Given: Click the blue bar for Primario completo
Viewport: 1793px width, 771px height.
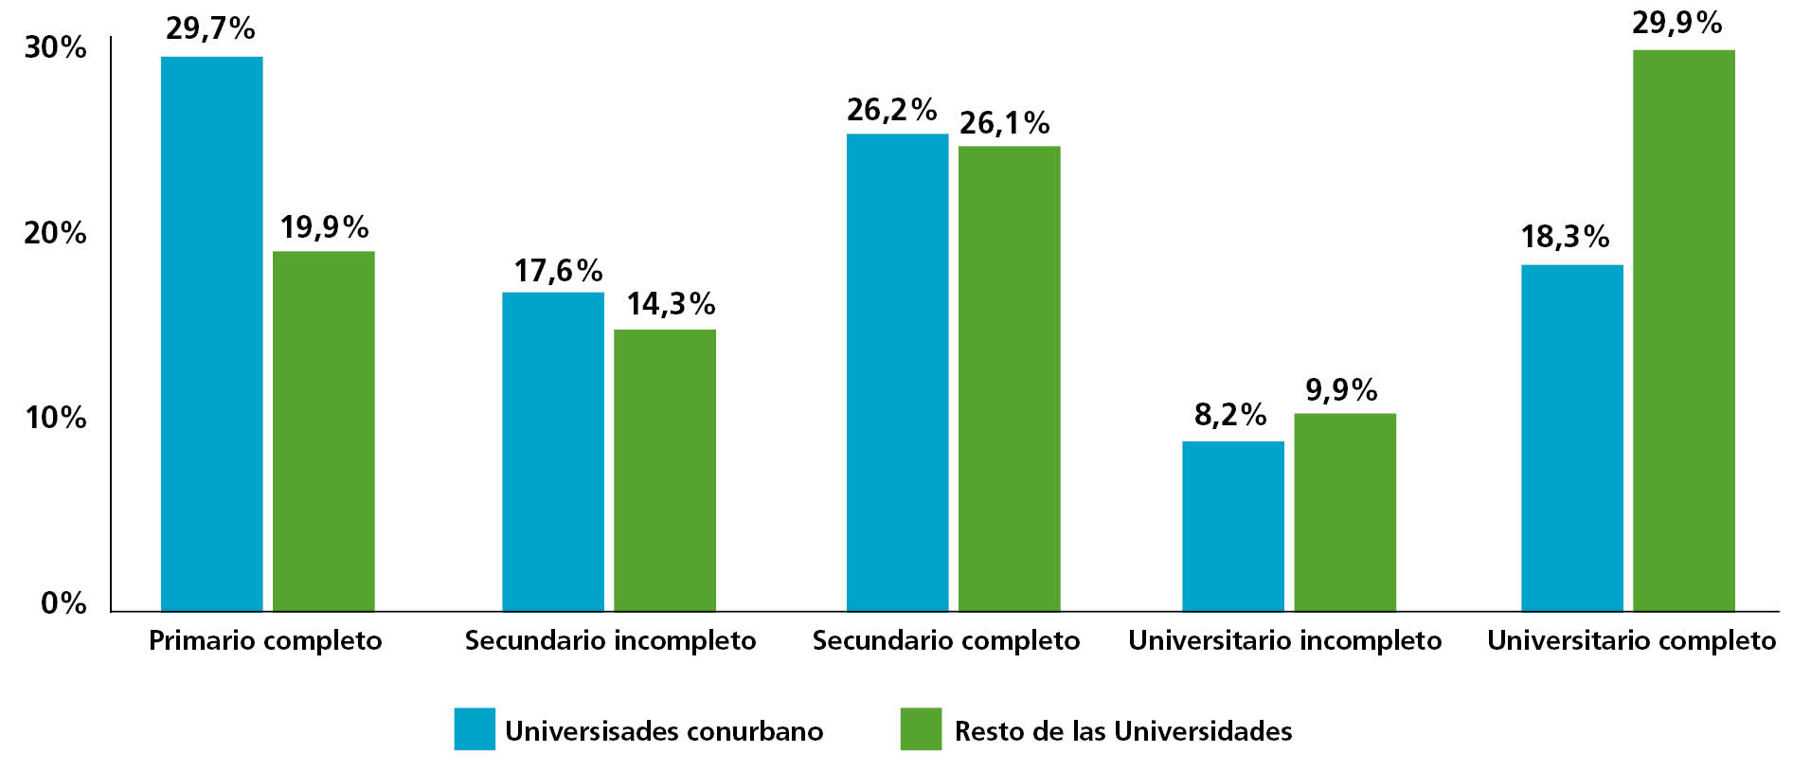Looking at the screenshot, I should pyautogui.click(x=211, y=333).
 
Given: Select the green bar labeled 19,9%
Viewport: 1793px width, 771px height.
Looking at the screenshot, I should pyautogui.click(x=323, y=431).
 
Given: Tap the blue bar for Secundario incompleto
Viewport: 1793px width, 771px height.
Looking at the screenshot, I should pyautogui.click(x=552, y=452).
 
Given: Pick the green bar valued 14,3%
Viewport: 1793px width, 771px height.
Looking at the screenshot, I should pyautogui.click(x=664, y=470).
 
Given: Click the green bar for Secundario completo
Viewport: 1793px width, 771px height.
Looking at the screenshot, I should pyautogui.click(x=1009, y=378).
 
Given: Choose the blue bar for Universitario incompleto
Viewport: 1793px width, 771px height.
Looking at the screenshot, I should pyautogui.click(x=1232, y=526).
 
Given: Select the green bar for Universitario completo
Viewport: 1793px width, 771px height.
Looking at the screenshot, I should pyautogui.click(x=1683, y=330).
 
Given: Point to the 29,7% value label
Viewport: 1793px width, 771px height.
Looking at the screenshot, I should pyautogui.click(x=210, y=28).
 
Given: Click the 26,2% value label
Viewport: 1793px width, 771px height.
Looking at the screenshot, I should pyautogui.click(x=891, y=110).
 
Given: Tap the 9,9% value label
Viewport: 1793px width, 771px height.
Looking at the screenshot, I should pyautogui.click(x=1341, y=389).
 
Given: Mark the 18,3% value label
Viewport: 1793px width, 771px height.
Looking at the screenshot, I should pyautogui.click(x=1565, y=236).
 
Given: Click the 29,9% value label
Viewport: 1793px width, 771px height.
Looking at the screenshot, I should pyautogui.click(x=1676, y=23).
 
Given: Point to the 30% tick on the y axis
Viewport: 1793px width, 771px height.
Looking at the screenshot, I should pyautogui.click(x=55, y=47).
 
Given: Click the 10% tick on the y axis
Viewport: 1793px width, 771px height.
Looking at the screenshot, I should pyautogui.click(x=55, y=418).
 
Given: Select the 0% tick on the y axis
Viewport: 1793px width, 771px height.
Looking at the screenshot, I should pyautogui.click(x=63, y=602).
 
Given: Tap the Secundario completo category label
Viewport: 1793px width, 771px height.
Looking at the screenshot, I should pyautogui.click(x=945, y=640).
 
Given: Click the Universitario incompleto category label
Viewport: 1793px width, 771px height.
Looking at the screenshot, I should pyautogui.click(x=1284, y=640).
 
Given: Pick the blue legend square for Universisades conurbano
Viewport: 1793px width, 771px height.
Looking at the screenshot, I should pyautogui.click(x=474, y=728).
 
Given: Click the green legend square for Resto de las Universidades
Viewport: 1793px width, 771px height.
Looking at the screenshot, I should pyautogui.click(x=921, y=728).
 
